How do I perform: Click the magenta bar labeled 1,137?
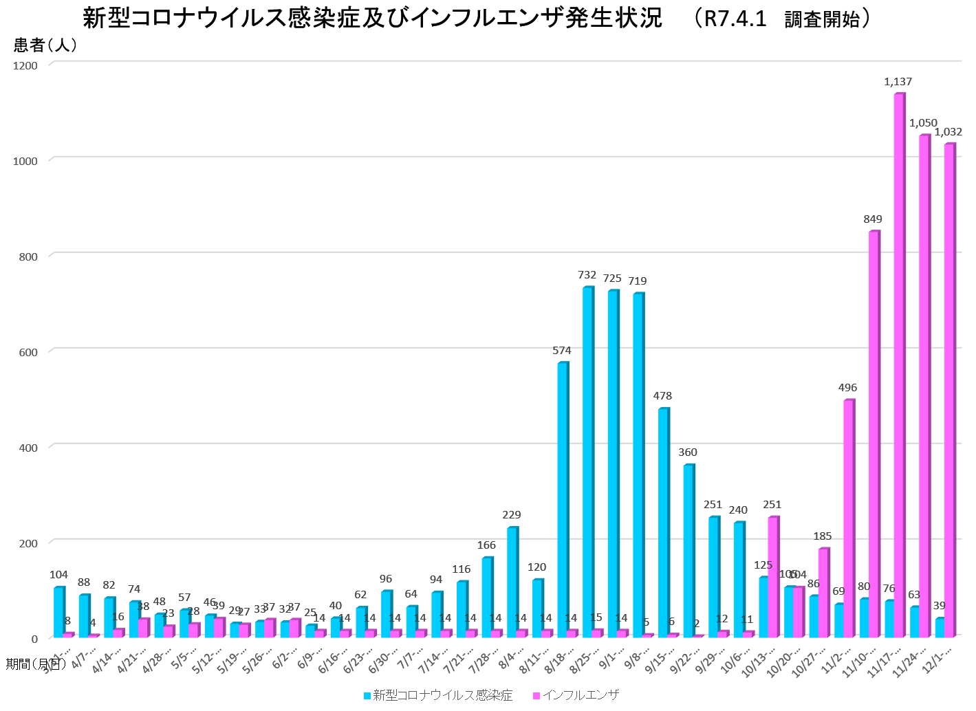(899, 364)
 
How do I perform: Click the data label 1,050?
(923, 123)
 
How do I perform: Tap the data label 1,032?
(948, 132)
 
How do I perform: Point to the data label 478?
(662, 396)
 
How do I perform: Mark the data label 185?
(822, 536)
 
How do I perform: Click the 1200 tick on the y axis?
(25, 65)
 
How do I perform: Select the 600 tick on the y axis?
(28, 352)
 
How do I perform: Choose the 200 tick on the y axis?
(28, 543)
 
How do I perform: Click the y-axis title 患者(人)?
(45, 45)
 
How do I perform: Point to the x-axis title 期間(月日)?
(36, 664)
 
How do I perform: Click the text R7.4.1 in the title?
(735, 19)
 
